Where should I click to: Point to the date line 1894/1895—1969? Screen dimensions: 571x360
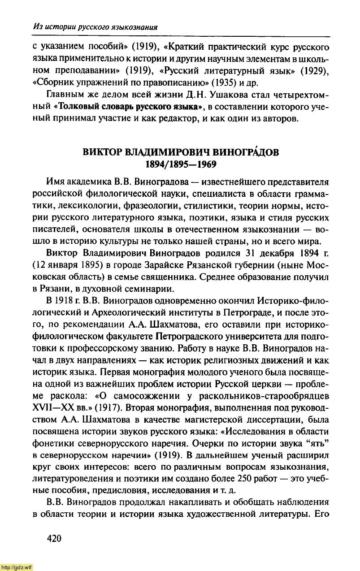point(181,164)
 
